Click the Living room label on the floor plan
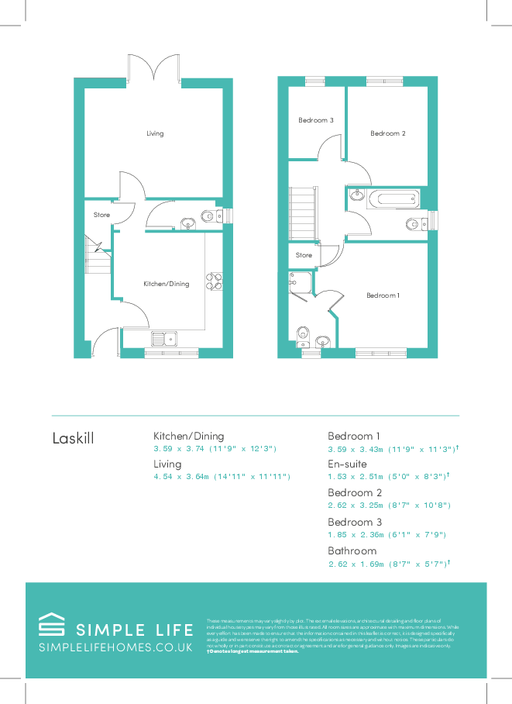pyautogui.click(x=155, y=133)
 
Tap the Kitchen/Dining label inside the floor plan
pyautogui.click(x=166, y=284)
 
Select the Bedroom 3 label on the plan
pyautogui.click(x=316, y=120)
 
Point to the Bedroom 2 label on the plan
pyautogui.click(x=387, y=133)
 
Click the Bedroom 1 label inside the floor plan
pyautogui.click(x=383, y=295)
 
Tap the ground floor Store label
pyautogui.click(x=101, y=215)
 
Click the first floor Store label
pyautogui.click(x=304, y=255)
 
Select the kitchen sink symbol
pyautogui.click(x=163, y=338)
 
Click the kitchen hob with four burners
pyautogui.click(x=214, y=281)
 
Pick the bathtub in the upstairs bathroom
pyautogui.click(x=394, y=199)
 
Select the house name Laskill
pyautogui.click(x=73, y=438)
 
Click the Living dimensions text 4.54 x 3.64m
pyautogui.click(x=222, y=477)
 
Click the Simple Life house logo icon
pyautogui.click(x=52, y=626)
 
